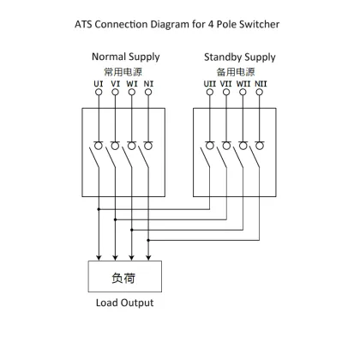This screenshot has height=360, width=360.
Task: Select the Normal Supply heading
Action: click(125, 57)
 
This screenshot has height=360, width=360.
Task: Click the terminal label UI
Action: click(99, 82)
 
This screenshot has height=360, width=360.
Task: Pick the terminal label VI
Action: click(115, 82)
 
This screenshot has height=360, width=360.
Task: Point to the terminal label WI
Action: click(131, 82)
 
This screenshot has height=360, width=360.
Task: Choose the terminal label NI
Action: click(148, 82)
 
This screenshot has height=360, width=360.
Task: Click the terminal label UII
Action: click(210, 82)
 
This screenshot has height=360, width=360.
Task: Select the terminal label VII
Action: click(227, 82)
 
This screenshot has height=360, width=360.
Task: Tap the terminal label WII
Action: click(244, 82)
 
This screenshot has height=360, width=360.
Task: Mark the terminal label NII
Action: click(261, 82)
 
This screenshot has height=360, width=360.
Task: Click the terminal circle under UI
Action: click(99, 93)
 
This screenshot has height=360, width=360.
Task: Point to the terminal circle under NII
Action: click(261, 93)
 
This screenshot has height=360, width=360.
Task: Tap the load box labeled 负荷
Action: click(123, 278)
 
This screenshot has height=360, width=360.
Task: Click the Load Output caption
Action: click(123, 303)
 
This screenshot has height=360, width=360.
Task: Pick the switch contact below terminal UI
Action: click(97, 156)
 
